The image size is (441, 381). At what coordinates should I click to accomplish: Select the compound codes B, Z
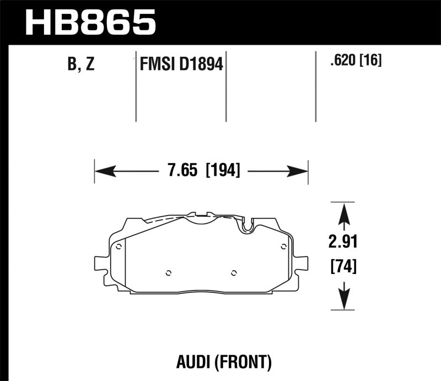tap(81, 65)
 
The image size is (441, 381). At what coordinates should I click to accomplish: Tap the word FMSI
tap(157, 65)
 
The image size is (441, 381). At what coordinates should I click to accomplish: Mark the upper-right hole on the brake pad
tap(283, 246)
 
